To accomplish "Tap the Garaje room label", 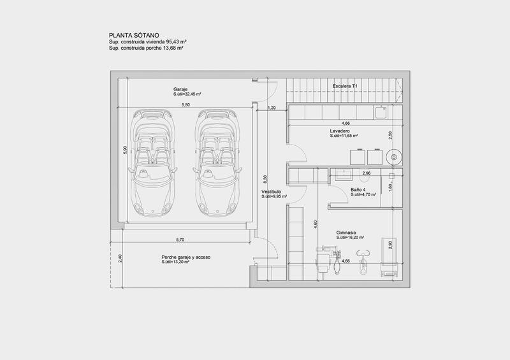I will (180, 89).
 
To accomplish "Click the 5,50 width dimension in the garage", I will (186, 104).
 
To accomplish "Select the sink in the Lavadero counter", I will (381, 113).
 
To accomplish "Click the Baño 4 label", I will (358, 190).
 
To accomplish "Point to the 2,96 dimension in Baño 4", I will (366, 173).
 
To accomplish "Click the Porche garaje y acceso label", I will (186, 257).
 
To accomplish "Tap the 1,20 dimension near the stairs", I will (272, 108).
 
